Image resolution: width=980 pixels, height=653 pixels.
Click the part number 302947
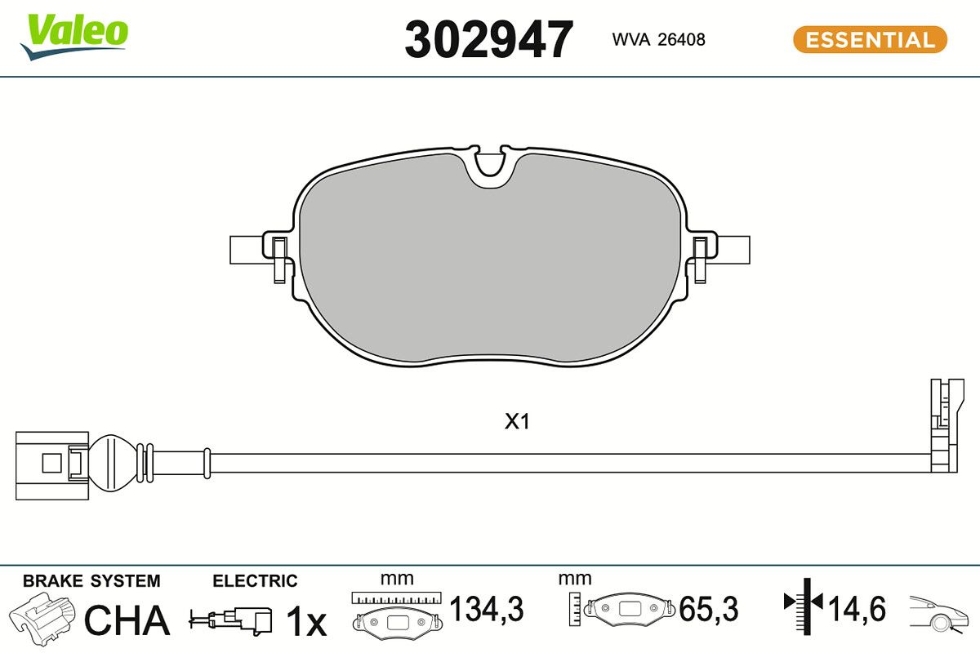pos(488,39)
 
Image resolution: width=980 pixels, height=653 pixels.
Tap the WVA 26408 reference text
pos(658,39)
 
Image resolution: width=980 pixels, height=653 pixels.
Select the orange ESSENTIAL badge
pos(871,39)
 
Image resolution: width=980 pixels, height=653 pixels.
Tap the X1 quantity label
pos(517,422)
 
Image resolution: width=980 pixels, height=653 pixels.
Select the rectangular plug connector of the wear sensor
pos(52,466)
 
